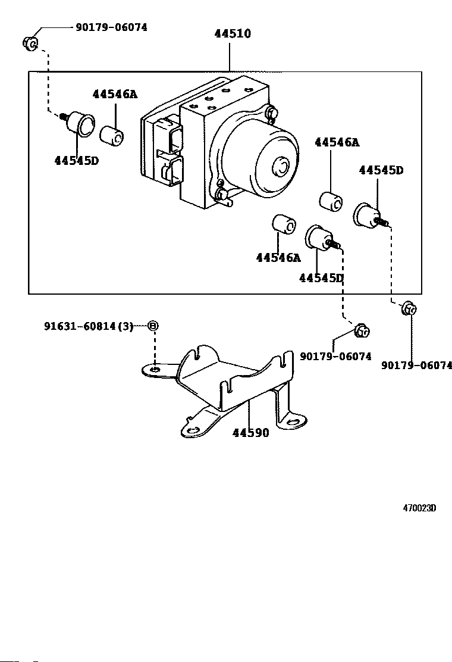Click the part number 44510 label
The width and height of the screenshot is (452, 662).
(x=233, y=33)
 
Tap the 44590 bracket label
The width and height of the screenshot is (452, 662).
(x=250, y=433)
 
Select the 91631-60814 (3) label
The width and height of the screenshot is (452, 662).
(x=89, y=326)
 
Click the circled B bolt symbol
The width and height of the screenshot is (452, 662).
(x=153, y=326)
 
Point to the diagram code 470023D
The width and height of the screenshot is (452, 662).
(x=419, y=508)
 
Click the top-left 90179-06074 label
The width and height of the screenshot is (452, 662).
(x=111, y=27)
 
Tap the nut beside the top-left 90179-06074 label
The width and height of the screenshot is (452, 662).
(x=30, y=43)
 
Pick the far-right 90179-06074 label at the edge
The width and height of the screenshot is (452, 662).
(x=416, y=365)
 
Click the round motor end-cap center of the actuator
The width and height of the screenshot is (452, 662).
(x=280, y=165)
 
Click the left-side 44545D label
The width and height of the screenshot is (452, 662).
(x=76, y=160)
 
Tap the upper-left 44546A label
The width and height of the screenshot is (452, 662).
(x=115, y=93)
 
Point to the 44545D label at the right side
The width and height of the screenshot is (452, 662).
(x=381, y=170)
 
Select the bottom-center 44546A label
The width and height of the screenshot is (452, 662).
(x=278, y=258)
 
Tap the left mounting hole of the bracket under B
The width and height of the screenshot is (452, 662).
(x=155, y=370)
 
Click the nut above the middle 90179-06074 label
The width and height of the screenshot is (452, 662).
(x=362, y=330)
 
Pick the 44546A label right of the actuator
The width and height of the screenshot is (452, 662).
(x=337, y=142)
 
